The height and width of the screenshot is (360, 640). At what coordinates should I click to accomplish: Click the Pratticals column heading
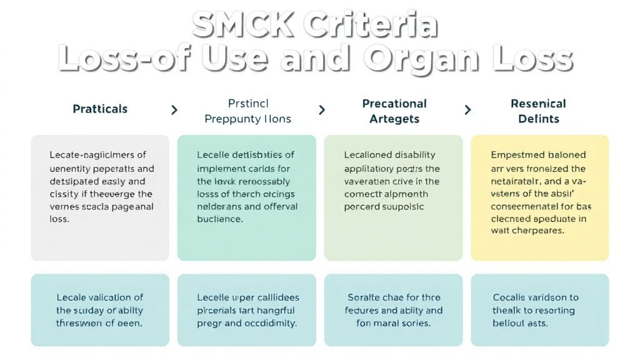click(x=100, y=109)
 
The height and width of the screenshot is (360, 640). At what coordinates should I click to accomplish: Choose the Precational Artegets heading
click(x=394, y=111)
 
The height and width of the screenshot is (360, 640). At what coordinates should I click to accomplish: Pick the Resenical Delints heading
click(x=538, y=111)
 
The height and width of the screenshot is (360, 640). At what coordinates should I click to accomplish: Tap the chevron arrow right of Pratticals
click(x=174, y=110)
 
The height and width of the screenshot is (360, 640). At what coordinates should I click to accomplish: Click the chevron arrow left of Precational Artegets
click(x=322, y=110)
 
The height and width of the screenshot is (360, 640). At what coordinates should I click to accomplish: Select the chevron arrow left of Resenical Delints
click(x=467, y=110)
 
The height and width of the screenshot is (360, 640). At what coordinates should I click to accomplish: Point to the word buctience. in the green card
click(x=219, y=219)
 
